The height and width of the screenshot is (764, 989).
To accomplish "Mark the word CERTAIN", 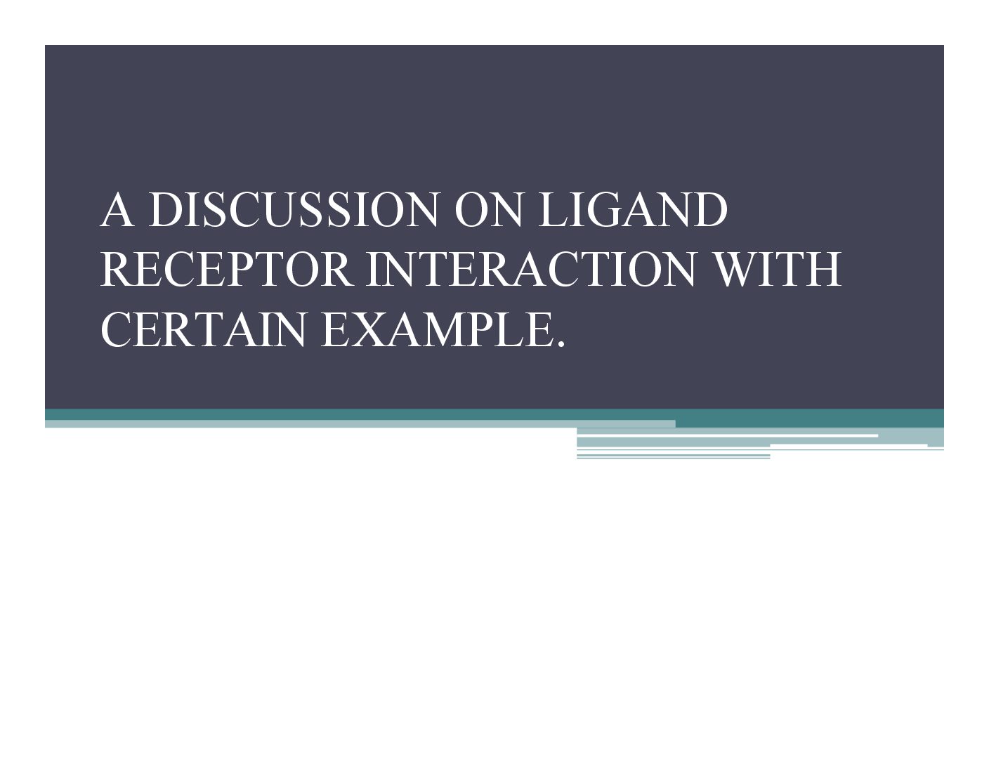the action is tap(202, 329).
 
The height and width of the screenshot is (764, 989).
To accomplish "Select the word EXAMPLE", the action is tap(437, 329).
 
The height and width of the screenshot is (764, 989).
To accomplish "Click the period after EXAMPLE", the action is tap(561, 344).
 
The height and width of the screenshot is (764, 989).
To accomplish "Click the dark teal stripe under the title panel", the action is tap(494, 415).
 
